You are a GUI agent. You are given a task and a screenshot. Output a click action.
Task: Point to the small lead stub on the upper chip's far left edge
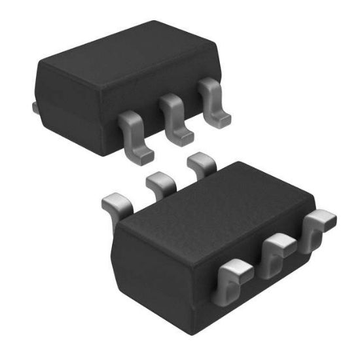click(35, 105)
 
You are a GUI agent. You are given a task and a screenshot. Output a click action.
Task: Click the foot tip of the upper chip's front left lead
click(146, 156)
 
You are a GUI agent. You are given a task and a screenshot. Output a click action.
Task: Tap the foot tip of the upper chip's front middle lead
click(184, 136)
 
